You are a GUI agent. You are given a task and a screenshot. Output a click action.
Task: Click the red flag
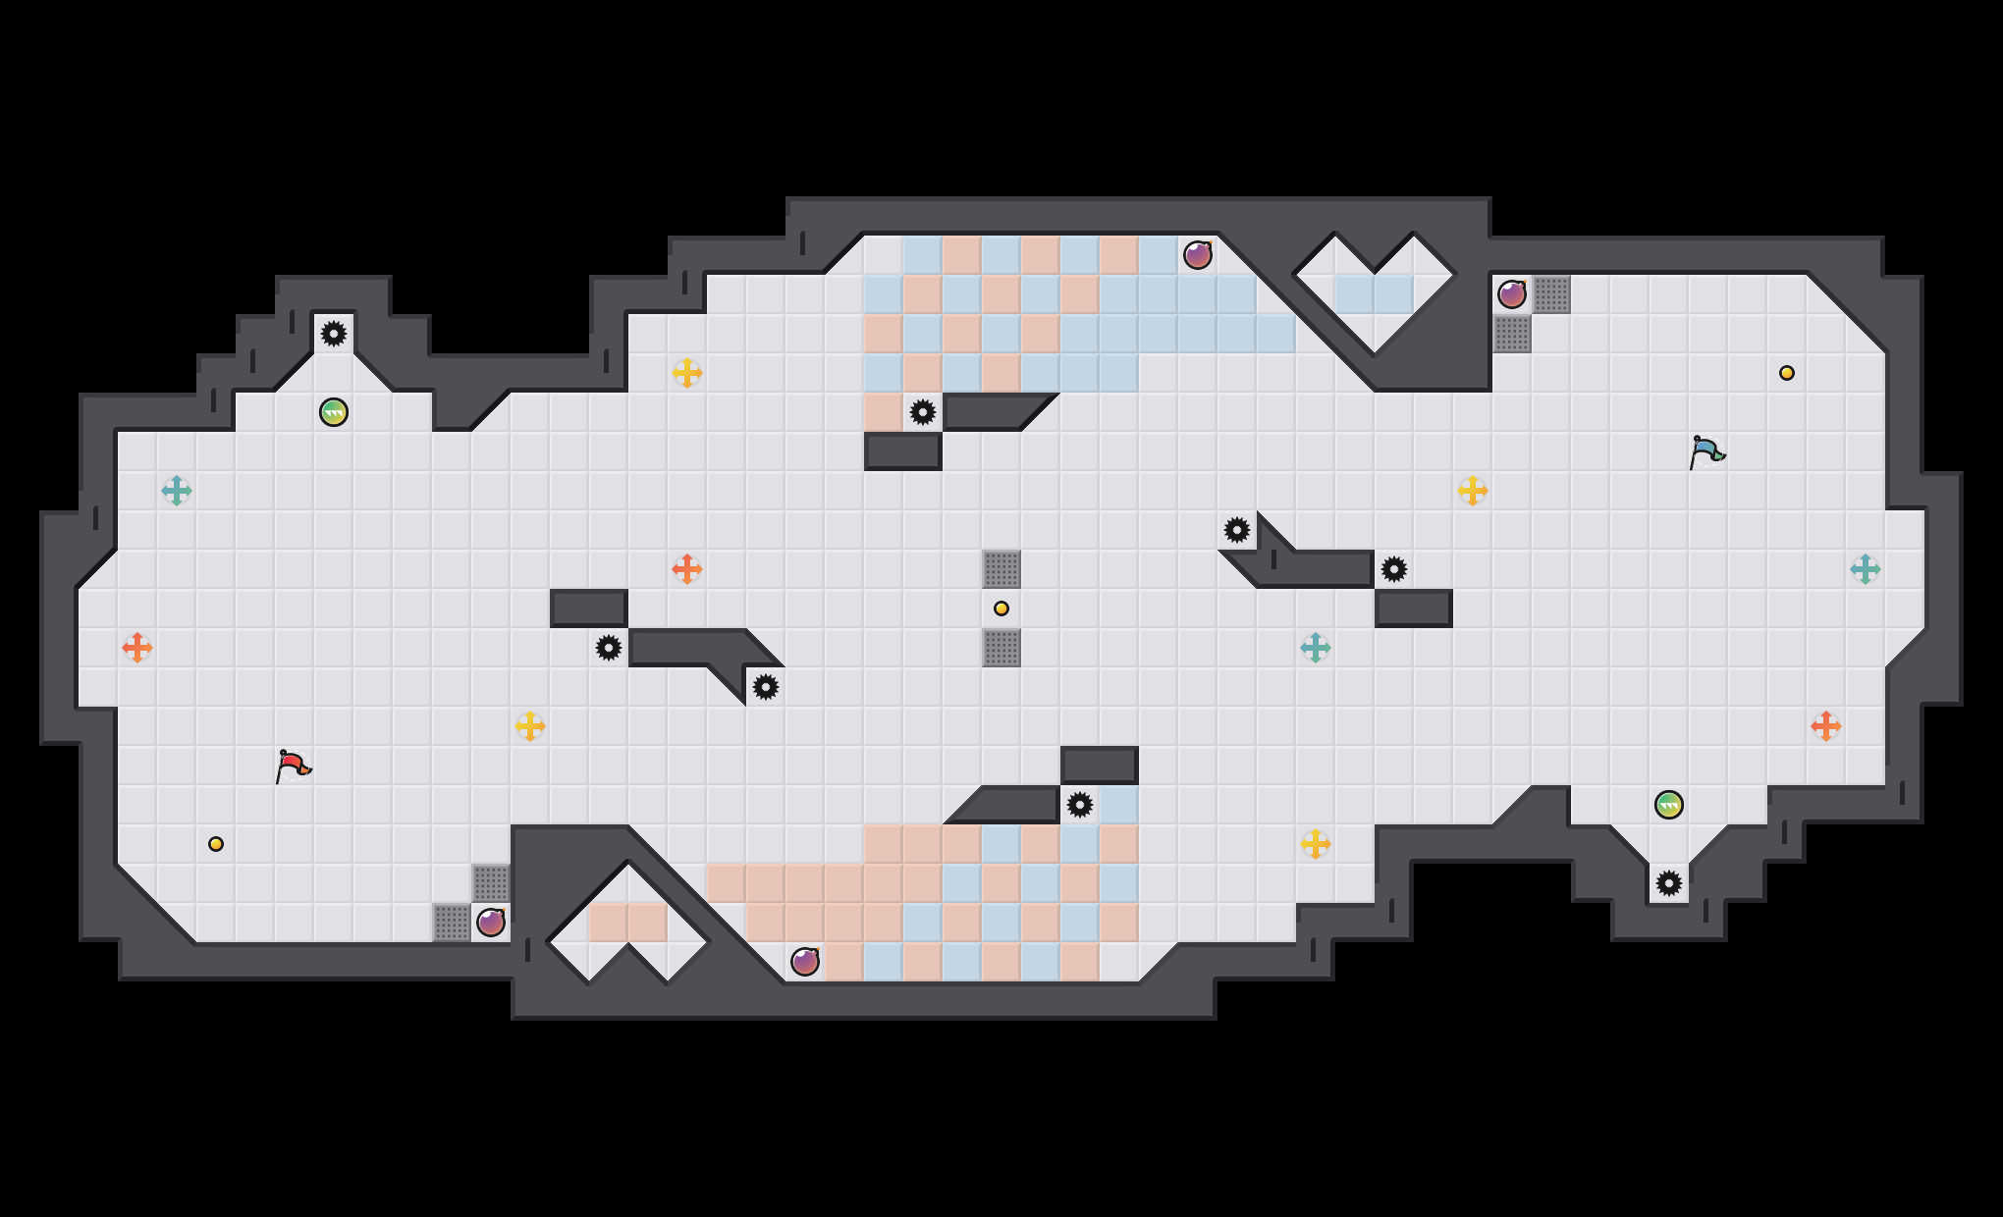pyautogui.click(x=293, y=766)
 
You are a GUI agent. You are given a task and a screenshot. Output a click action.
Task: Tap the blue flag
pyautogui.click(x=1706, y=451)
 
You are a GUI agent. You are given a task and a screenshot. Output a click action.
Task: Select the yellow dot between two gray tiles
pyautogui.click(x=1001, y=608)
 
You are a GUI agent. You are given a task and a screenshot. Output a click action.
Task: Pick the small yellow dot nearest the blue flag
pyautogui.click(x=1787, y=373)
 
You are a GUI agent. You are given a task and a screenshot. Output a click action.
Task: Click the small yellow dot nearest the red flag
pyautogui.click(x=216, y=844)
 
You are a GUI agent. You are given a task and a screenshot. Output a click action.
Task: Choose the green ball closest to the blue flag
pyautogui.click(x=1669, y=805)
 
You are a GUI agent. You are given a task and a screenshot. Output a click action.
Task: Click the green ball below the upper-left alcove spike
pyautogui.click(x=334, y=412)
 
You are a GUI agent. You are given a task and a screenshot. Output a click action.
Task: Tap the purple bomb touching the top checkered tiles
pyautogui.click(x=1198, y=255)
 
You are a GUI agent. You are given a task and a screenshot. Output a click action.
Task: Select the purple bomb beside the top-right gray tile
pyautogui.click(x=1512, y=294)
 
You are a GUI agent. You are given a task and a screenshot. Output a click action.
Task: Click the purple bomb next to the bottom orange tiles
pyautogui.click(x=805, y=962)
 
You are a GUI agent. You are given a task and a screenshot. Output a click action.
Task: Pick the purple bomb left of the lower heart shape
pyautogui.click(x=491, y=923)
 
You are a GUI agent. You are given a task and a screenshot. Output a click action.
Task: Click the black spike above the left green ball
pyautogui.click(x=334, y=334)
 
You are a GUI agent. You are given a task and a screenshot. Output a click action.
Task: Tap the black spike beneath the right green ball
pyautogui.click(x=1669, y=883)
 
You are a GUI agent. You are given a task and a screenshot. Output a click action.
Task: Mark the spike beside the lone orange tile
pyautogui.click(x=923, y=412)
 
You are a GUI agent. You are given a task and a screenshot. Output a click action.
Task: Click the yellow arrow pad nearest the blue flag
pyautogui.click(x=1473, y=491)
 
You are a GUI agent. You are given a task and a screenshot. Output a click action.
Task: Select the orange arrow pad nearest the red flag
pyautogui.click(x=137, y=648)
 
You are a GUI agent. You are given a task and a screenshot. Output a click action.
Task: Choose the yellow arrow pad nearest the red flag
pyautogui.click(x=530, y=726)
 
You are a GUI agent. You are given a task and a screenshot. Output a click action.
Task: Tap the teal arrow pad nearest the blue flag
pyautogui.click(x=1866, y=569)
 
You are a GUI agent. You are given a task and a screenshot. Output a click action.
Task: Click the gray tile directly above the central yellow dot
pyautogui.click(x=1001, y=569)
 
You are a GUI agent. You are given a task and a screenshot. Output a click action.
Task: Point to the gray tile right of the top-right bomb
pyautogui.click(x=1551, y=294)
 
